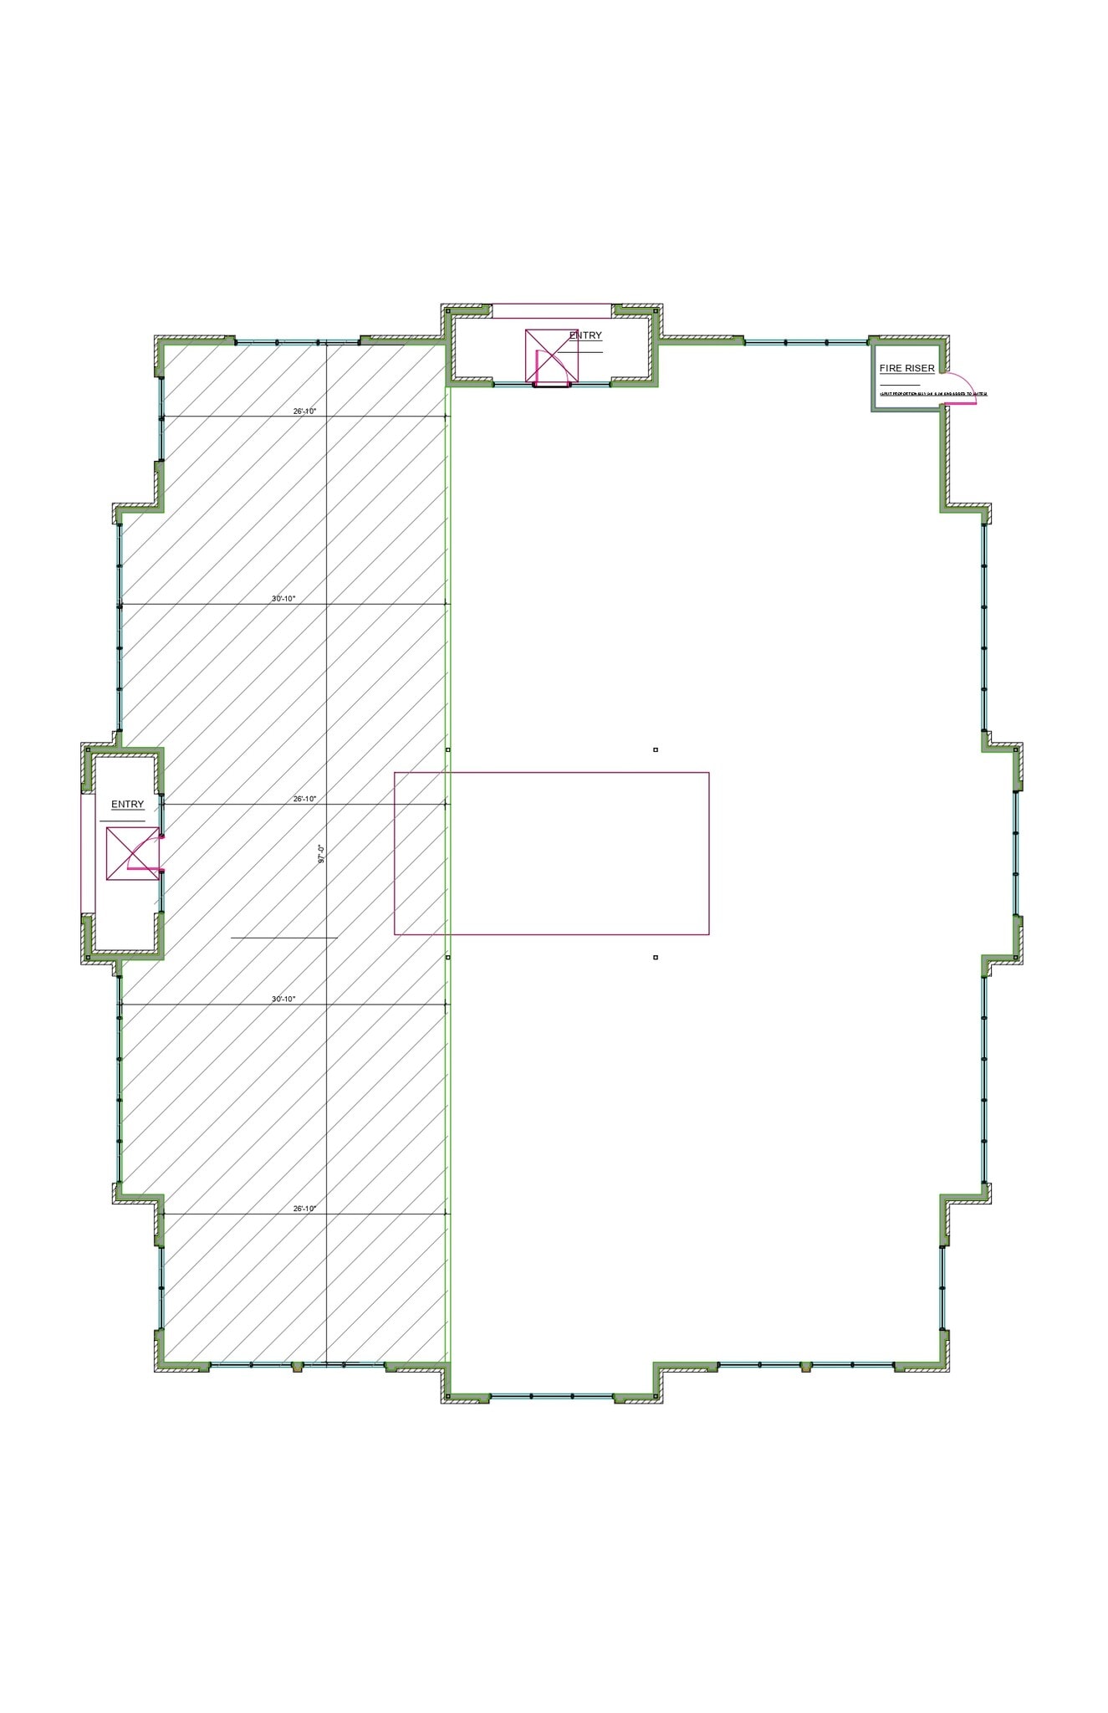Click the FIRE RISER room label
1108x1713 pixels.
point(906,368)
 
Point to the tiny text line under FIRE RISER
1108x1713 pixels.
point(932,393)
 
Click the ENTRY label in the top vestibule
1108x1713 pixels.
point(585,335)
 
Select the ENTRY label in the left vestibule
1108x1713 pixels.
point(127,804)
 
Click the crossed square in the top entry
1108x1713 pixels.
point(551,355)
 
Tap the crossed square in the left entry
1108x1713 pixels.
point(132,853)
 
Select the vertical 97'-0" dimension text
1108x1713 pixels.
point(321,853)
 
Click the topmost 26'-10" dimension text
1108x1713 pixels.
point(304,411)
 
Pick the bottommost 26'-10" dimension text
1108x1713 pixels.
point(304,1209)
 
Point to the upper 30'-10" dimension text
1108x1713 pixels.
point(283,598)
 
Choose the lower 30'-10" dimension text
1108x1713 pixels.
point(283,999)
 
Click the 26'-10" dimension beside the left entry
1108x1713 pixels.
point(304,799)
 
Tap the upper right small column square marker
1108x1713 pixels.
point(656,749)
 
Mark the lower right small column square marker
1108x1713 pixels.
point(656,957)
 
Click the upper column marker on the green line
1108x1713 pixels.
point(448,749)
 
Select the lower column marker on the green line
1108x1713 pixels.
point(448,957)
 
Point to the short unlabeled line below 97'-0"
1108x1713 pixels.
point(283,938)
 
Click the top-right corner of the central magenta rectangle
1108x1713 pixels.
point(709,773)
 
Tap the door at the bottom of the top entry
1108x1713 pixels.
point(553,386)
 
